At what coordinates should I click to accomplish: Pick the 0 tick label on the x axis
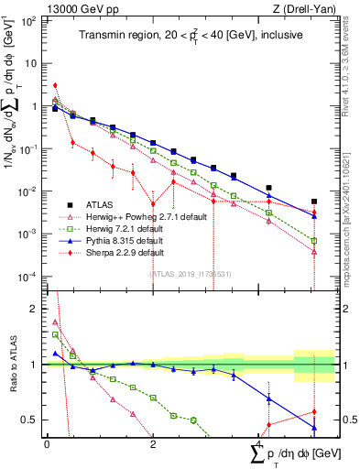(x=47, y=443)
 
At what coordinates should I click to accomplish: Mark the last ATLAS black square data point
(x=314, y=202)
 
